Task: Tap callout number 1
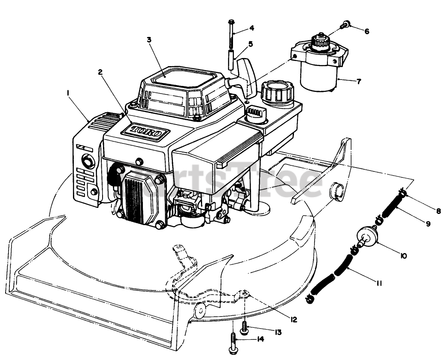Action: coord(68,92)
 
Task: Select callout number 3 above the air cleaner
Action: coord(149,40)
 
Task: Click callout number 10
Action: coord(404,256)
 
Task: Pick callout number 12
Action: coord(294,320)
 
